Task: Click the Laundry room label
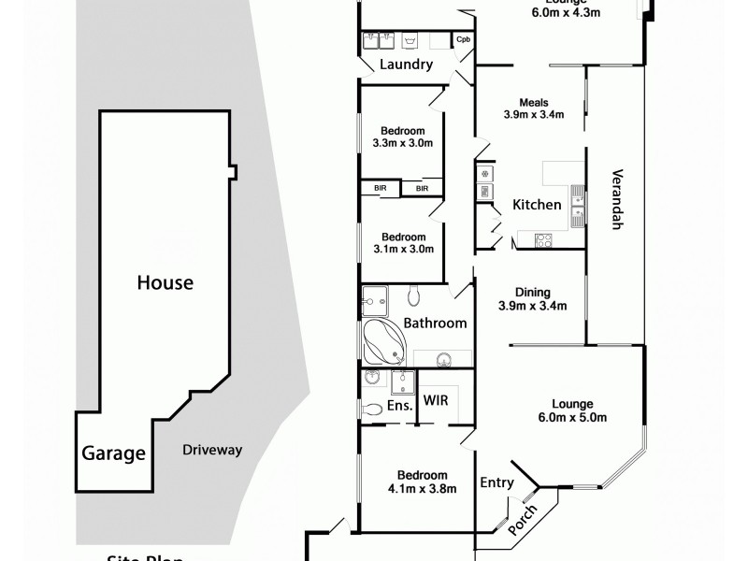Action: point(406,65)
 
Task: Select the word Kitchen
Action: point(537,205)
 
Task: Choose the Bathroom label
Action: point(435,324)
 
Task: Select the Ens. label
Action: point(400,407)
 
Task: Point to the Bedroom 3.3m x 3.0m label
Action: point(403,137)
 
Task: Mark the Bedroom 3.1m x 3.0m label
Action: point(403,243)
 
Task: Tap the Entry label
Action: point(496,482)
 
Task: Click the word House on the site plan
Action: point(165,281)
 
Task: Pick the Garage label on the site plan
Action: point(114,455)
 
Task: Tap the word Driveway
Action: point(212,450)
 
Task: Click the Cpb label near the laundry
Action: point(463,39)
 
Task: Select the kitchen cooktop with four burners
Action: point(544,240)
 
